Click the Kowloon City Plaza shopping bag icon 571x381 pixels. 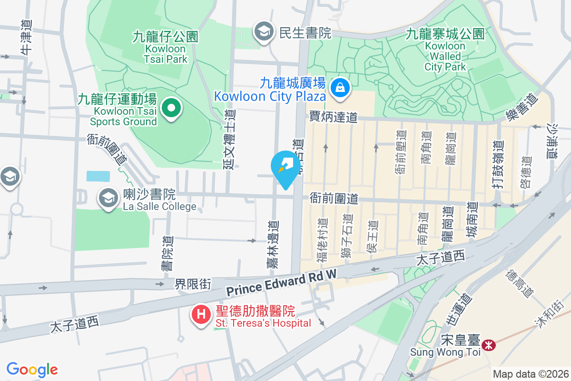pyautogui.click(x=340, y=88)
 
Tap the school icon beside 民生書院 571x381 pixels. pyautogui.click(x=262, y=32)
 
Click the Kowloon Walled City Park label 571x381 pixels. pyautogui.click(x=445, y=50)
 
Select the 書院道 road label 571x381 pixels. pyautogui.click(x=167, y=254)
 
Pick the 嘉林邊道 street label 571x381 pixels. pyautogui.click(x=272, y=244)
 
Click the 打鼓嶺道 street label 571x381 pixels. pyautogui.click(x=498, y=164)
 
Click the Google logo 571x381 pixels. pyautogui.click(x=32, y=369)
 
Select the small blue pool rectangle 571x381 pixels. pyautogui.click(x=98, y=176)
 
